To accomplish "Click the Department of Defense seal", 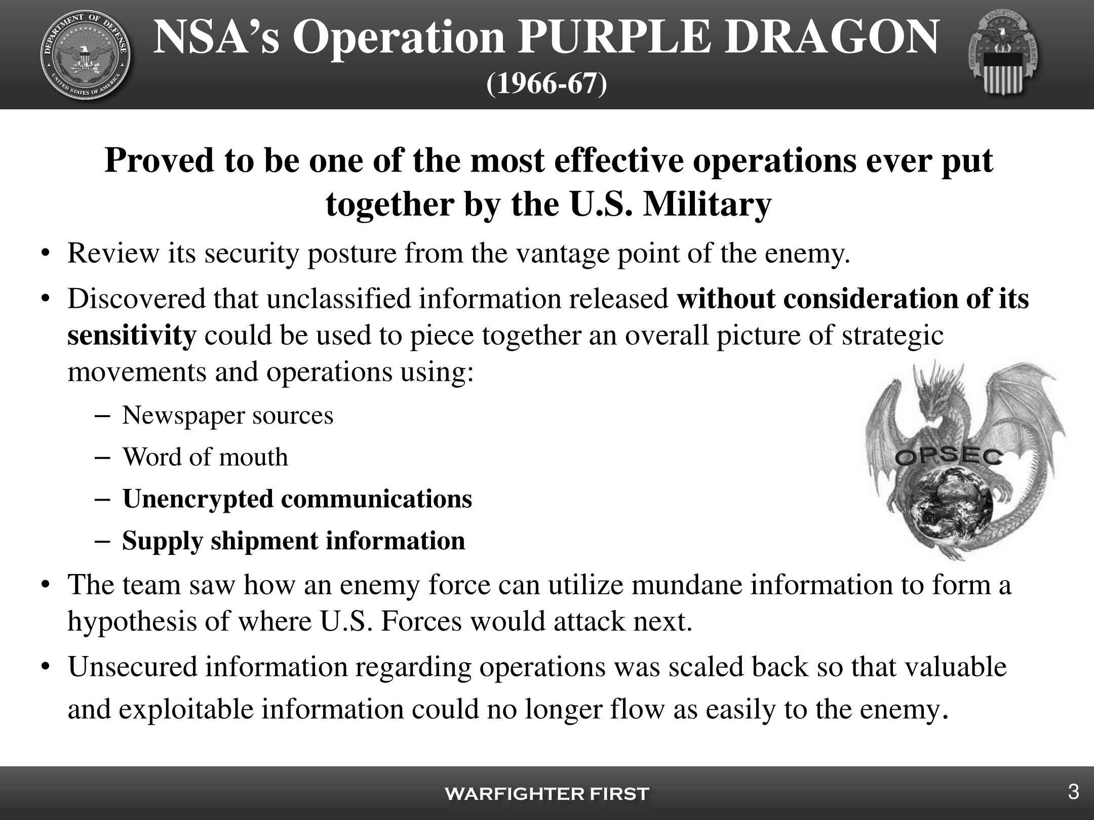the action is pyautogui.click(x=85, y=55).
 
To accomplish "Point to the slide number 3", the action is pyautogui.click(x=1073, y=792).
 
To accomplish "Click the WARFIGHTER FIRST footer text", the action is pyautogui.click(x=547, y=794).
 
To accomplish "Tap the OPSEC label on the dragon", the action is pyautogui.click(x=949, y=457).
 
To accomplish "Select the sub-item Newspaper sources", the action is pyautogui.click(x=228, y=416).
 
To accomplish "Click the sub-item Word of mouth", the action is pyautogui.click(x=205, y=457).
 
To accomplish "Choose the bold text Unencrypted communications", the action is pyautogui.click(x=297, y=499).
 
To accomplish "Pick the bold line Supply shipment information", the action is pyautogui.click(x=294, y=541).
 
